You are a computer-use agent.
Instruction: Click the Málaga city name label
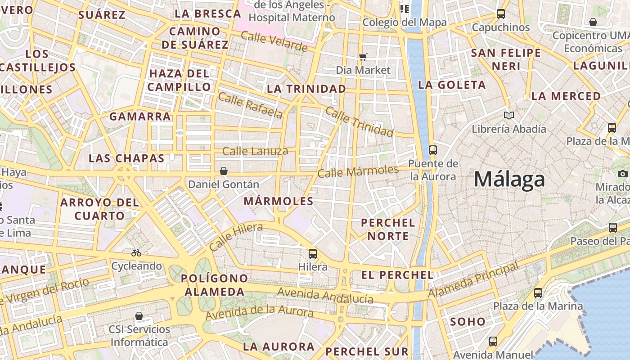(509, 180)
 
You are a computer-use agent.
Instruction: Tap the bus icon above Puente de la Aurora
(433, 150)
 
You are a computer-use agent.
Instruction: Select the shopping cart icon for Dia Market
(363, 57)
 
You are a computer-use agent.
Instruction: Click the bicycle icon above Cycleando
(136, 253)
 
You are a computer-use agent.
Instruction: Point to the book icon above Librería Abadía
(509, 116)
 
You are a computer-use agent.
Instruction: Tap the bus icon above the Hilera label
(313, 253)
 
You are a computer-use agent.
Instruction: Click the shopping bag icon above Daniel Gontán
(223, 171)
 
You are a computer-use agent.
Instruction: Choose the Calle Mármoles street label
(358, 171)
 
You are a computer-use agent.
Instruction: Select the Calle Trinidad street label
(359, 121)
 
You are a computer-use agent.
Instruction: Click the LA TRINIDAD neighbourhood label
(306, 89)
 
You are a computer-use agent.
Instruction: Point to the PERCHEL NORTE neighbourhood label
(388, 229)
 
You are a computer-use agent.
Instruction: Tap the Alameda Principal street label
(473, 279)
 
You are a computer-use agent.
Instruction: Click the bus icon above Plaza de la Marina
(538, 293)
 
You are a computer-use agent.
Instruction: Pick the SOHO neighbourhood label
(468, 321)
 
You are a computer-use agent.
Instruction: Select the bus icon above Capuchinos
(501, 14)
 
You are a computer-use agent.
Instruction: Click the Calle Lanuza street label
(255, 151)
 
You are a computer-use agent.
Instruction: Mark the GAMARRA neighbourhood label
(140, 117)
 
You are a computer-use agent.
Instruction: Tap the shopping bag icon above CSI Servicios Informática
(139, 316)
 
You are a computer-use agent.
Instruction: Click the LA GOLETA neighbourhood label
(452, 85)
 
